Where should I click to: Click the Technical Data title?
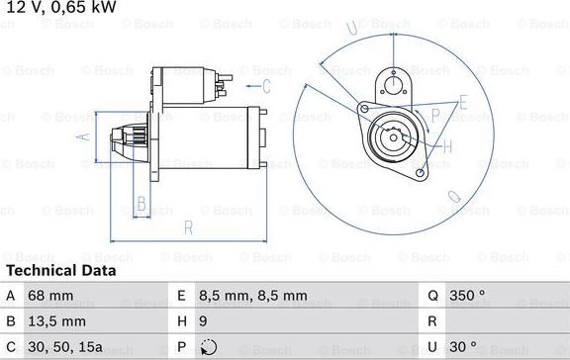[61, 270]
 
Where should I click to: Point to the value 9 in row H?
[202, 320]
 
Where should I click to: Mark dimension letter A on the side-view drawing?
[85, 137]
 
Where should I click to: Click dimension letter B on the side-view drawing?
[142, 205]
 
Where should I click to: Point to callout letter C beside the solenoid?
[265, 86]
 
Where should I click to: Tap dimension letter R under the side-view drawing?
[186, 228]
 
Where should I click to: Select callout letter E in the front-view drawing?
[462, 102]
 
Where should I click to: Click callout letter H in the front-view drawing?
[447, 147]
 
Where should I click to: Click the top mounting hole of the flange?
[395, 83]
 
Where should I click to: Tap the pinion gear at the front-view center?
[387, 135]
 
